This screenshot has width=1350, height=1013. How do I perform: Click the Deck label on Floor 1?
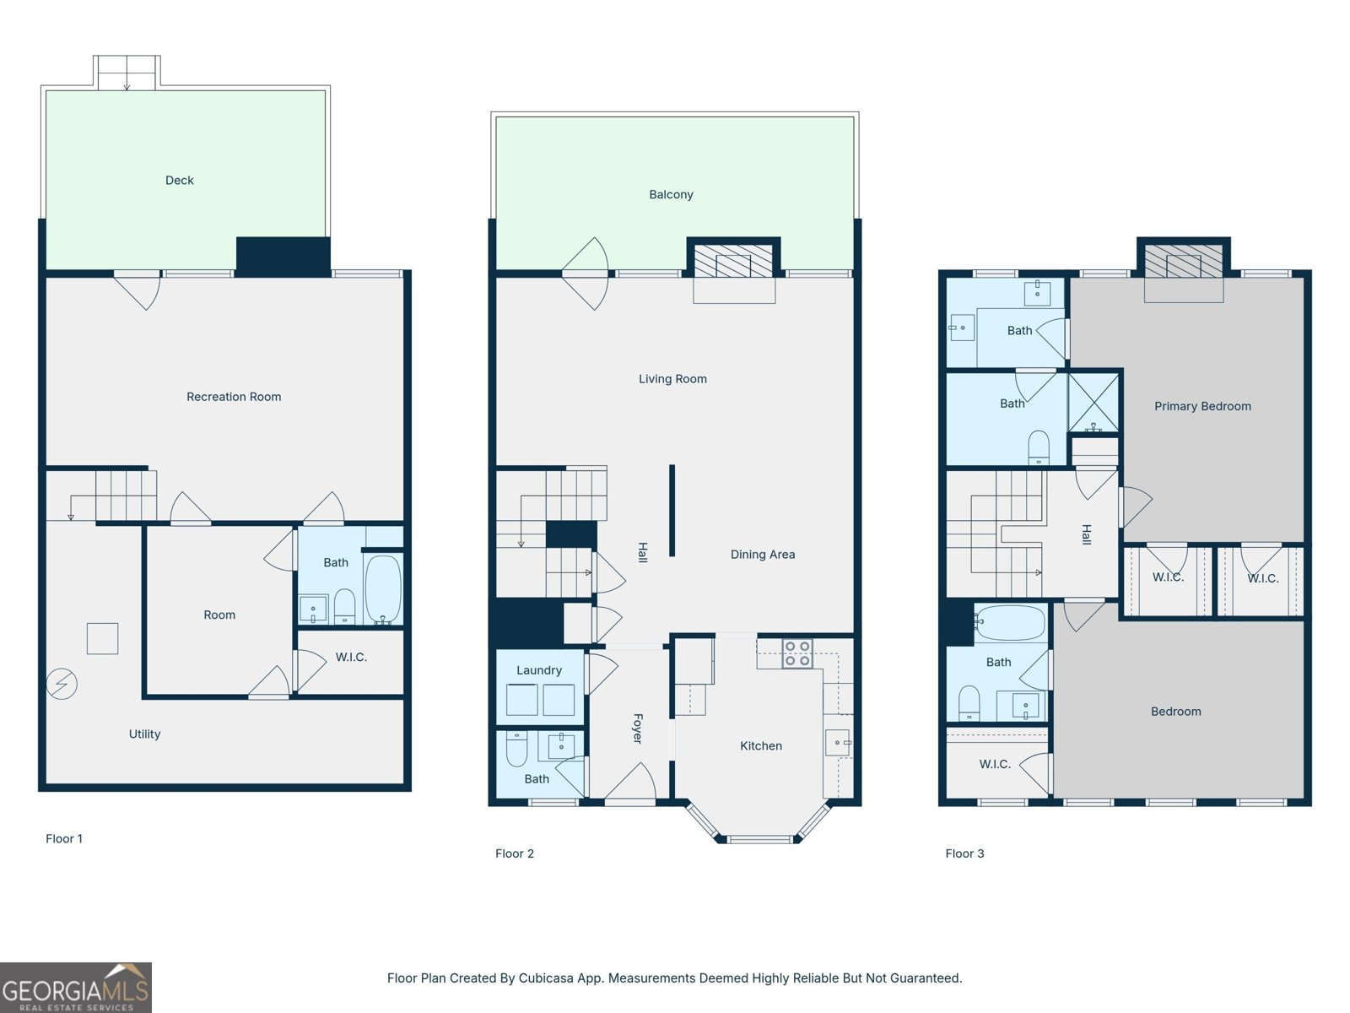pyautogui.click(x=179, y=180)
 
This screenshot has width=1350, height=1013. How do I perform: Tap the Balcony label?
pyautogui.click(x=671, y=194)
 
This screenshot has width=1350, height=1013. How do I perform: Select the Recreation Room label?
pyautogui.click(x=234, y=397)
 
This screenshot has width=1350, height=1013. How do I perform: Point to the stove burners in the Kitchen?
pyautogui.click(x=797, y=653)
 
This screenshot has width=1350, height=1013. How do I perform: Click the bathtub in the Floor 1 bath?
pyautogui.click(x=382, y=590)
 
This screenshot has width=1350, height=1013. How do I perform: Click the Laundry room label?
pyautogui.click(x=539, y=670)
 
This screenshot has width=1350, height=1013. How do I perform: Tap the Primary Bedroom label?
pyautogui.click(x=1202, y=406)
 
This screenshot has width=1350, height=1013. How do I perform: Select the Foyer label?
pyautogui.click(x=638, y=729)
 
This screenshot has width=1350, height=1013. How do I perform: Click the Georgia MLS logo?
pyautogui.click(x=76, y=987)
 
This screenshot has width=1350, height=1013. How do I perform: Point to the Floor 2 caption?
pyautogui.click(x=514, y=853)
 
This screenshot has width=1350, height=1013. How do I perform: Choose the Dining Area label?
pyautogui.click(x=763, y=554)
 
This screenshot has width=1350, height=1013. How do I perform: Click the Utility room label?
pyautogui.click(x=144, y=734)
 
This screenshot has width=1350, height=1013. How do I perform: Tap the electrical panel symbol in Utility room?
pyautogui.click(x=62, y=683)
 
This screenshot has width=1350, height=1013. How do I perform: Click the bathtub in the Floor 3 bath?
pyautogui.click(x=1011, y=622)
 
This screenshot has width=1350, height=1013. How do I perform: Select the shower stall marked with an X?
pyautogui.click(x=1093, y=403)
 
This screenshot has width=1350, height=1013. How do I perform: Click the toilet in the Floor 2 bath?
pyautogui.click(x=516, y=749)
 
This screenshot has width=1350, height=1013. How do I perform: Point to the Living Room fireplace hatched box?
pyautogui.click(x=732, y=261)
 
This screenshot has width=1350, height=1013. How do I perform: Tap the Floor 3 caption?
pyautogui.click(x=964, y=853)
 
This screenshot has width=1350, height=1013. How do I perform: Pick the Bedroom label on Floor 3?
pyautogui.click(x=1175, y=711)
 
